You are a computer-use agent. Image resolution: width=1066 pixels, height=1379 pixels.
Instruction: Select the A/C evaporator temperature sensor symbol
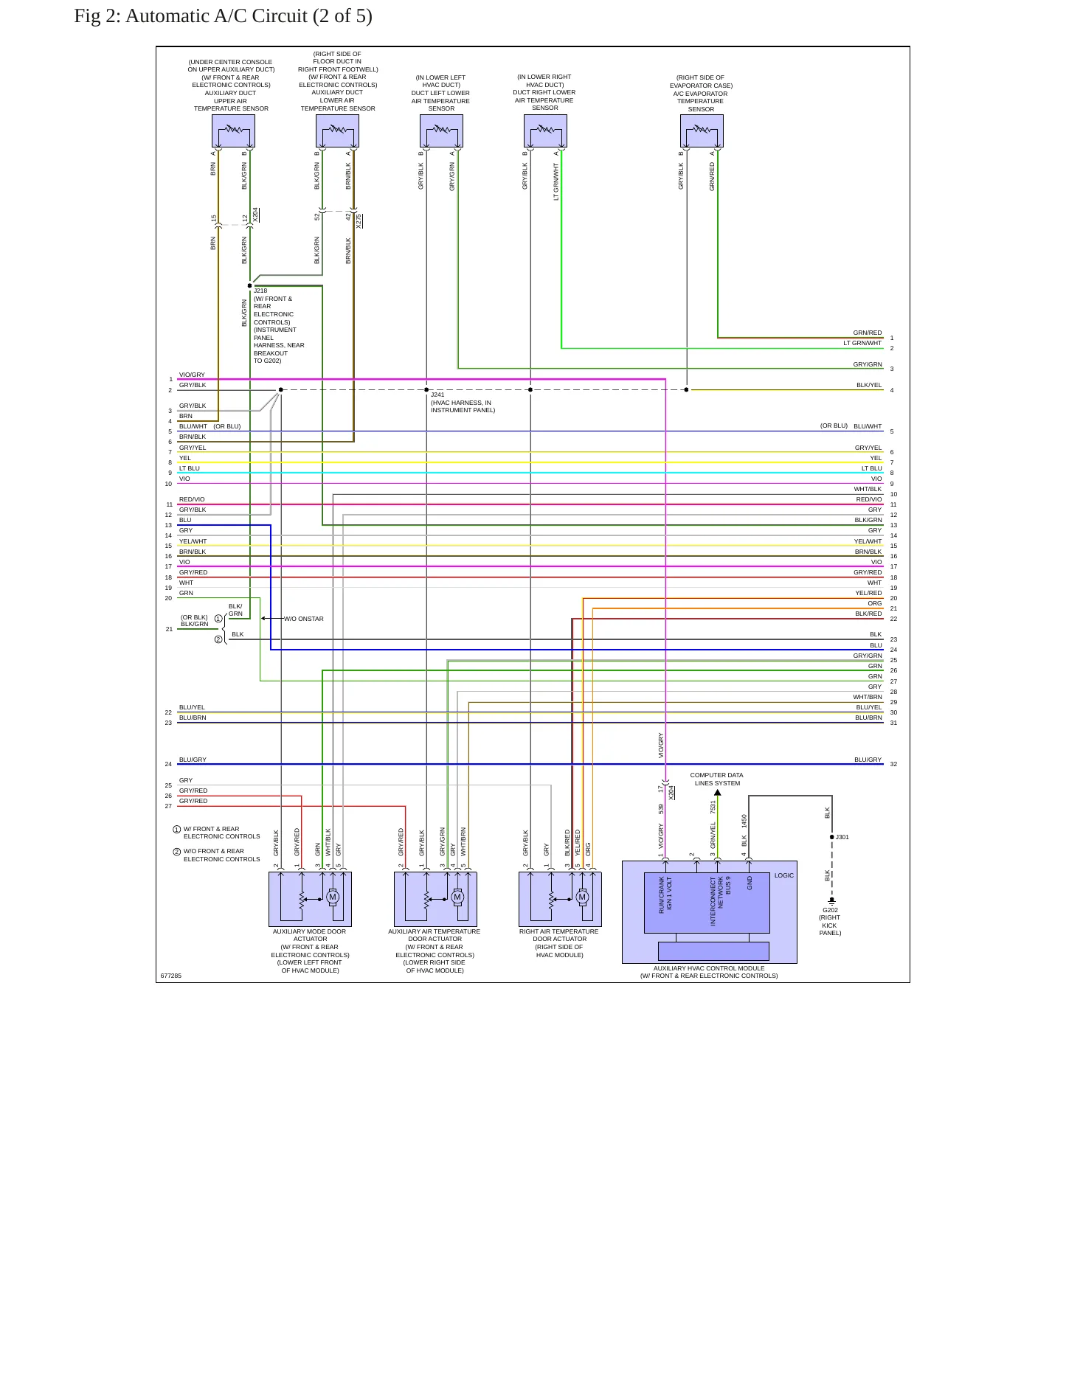702,131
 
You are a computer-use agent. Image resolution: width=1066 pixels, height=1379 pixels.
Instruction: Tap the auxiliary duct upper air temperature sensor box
233,131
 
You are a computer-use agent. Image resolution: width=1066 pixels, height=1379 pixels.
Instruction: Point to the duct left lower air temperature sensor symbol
441,131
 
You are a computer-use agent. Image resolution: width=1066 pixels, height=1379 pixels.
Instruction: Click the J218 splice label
260,291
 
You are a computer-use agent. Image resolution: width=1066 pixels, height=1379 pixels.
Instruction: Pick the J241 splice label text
437,395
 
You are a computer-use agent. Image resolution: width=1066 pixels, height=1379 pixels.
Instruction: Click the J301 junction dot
832,837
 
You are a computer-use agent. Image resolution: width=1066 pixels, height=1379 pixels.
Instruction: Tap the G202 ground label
830,910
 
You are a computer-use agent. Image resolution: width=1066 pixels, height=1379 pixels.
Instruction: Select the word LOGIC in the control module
784,875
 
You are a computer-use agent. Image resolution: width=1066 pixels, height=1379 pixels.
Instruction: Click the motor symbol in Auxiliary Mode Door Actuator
333,897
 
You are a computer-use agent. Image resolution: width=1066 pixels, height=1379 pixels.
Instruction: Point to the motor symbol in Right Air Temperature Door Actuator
582,897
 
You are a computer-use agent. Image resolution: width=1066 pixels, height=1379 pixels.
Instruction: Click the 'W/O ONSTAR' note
304,619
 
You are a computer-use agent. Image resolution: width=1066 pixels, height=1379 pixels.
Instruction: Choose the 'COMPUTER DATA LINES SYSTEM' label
717,779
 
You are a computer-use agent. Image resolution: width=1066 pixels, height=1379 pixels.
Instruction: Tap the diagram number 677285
171,976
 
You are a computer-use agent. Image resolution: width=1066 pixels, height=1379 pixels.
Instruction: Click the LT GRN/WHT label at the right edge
862,343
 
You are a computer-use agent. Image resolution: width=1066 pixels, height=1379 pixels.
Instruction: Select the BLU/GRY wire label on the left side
193,760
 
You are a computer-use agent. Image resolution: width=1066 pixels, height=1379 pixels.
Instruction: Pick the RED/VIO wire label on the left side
192,499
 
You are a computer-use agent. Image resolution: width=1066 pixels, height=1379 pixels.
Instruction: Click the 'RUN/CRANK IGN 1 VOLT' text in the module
665,895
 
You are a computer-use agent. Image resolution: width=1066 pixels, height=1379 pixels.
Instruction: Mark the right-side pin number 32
893,764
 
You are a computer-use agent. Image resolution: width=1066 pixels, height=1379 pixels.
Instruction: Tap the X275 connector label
359,220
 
